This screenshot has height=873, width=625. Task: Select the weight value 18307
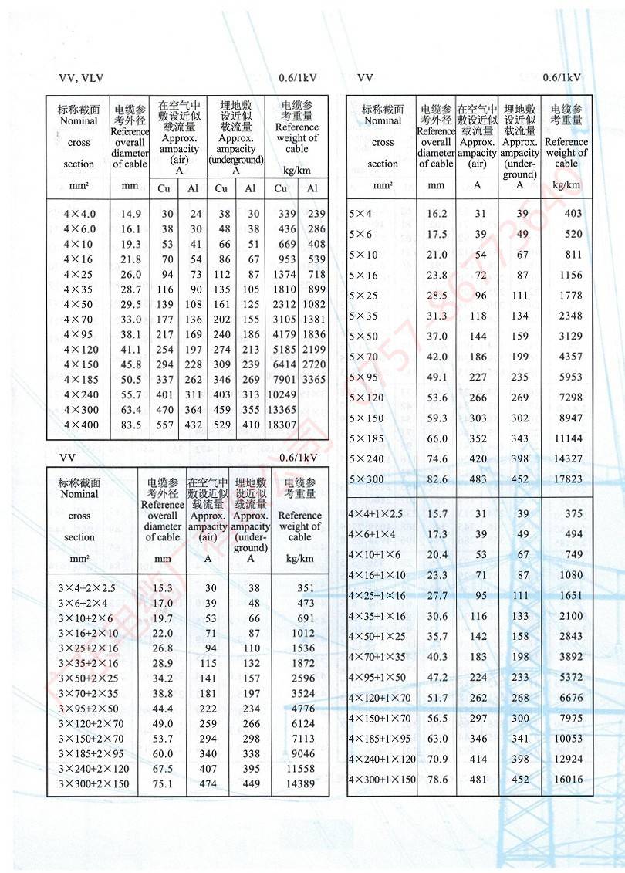click(x=282, y=425)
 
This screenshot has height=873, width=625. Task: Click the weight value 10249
click(x=282, y=394)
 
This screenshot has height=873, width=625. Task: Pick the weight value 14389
click(x=300, y=784)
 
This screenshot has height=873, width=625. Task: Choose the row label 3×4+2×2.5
click(x=86, y=588)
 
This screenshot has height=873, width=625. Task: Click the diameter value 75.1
click(x=162, y=784)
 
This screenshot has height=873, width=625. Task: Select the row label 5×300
click(x=366, y=479)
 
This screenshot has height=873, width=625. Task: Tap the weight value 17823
click(x=568, y=479)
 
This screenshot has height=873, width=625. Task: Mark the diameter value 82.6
click(x=437, y=479)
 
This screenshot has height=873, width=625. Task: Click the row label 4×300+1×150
click(x=382, y=780)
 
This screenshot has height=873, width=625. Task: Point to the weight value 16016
click(x=568, y=780)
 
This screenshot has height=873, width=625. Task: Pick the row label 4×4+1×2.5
click(x=376, y=514)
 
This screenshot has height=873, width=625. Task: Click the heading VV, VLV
click(x=81, y=78)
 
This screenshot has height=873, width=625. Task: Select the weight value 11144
click(x=568, y=438)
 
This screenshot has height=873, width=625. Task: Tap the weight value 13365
click(x=282, y=410)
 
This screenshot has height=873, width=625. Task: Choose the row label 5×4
click(x=360, y=214)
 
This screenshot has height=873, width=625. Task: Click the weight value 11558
click(x=300, y=769)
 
